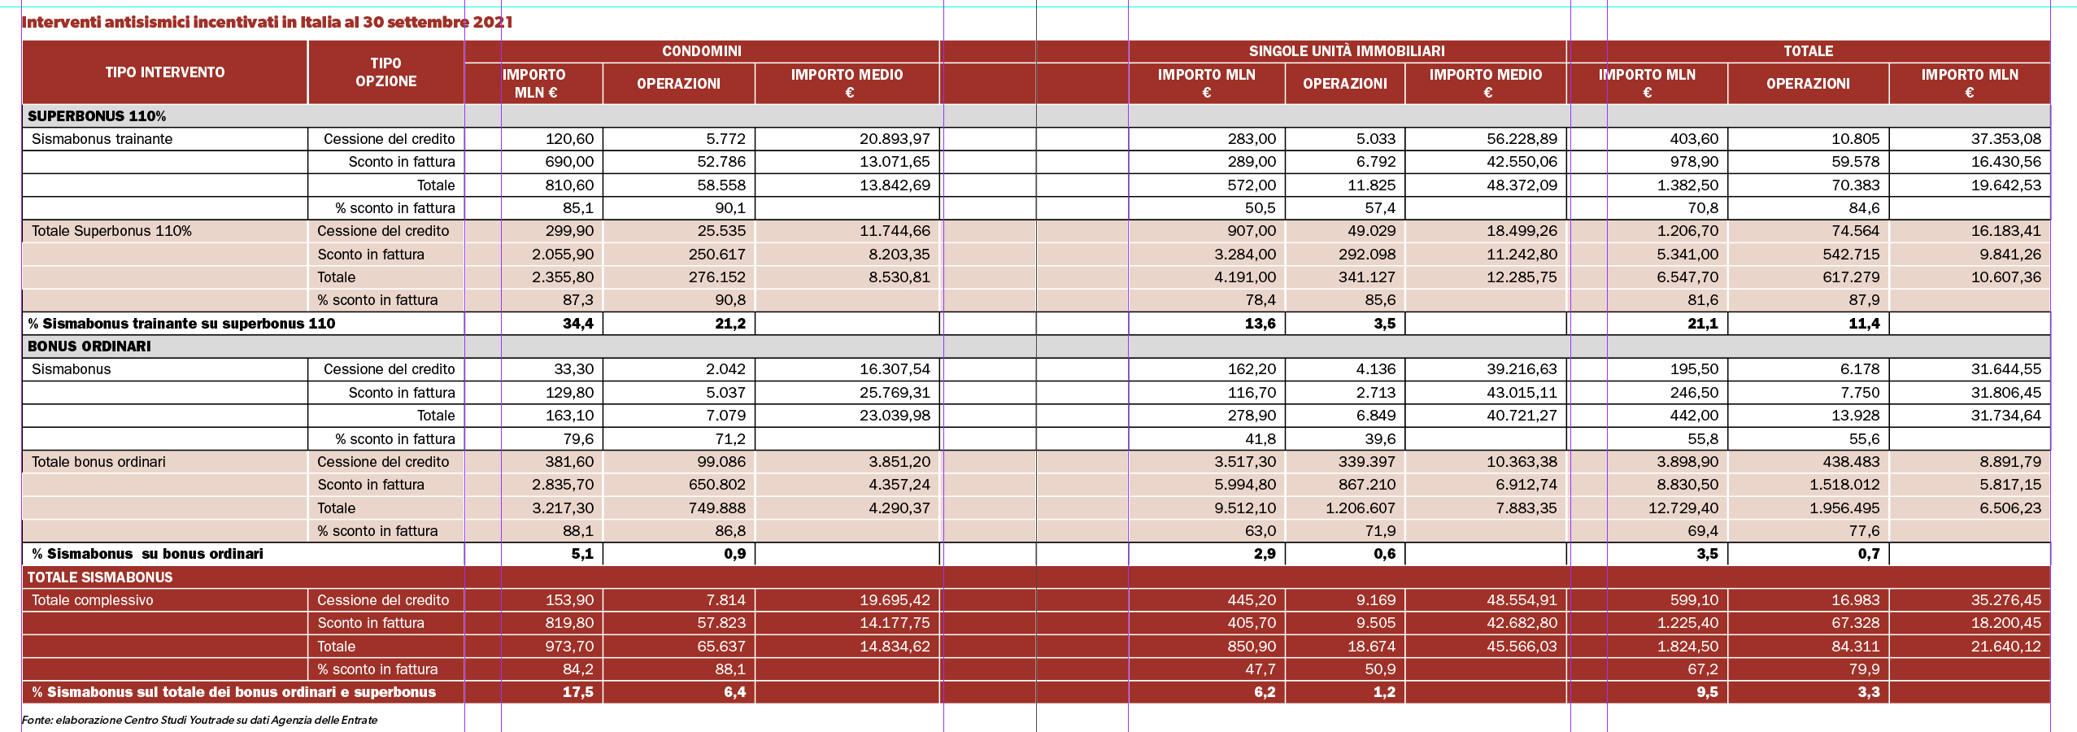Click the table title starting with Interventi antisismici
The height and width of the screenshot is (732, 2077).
pyautogui.click(x=267, y=22)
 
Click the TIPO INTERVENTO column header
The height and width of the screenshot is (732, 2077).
pyautogui.click(x=165, y=72)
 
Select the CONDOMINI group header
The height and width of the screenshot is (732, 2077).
pyautogui.click(x=702, y=51)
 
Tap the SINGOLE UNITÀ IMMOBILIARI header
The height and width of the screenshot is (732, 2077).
pyautogui.click(x=1347, y=51)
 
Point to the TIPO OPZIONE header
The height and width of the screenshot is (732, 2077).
pyautogui.click(x=386, y=72)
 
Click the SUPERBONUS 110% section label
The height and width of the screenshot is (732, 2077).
pyautogui.click(x=97, y=116)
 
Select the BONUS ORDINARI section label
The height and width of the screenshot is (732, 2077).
pyautogui.click(x=89, y=346)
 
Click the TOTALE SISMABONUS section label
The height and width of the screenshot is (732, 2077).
pyautogui.click(x=100, y=577)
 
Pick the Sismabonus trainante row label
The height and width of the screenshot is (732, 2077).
pyautogui.click(x=102, y=139)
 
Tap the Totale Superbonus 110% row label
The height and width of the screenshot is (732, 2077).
pyautogui.click(x=111, y=231)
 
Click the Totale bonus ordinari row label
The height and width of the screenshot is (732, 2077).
pyautogui.click(x=98, y=462)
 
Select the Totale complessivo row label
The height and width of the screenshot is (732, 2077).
pyautogui.click(x=92, y=600)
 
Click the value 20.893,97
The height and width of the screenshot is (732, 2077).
pyautogui.click(x=895, y=139)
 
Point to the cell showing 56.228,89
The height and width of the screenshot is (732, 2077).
pyautogui.click(x=1522, y=139)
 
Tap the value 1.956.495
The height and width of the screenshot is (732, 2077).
pyautogui.click(x=1844, y=508)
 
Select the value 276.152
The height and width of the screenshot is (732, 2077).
pyautogui.click(x=717, y=277)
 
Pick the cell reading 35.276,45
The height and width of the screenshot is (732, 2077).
pyautogui.click(x=2005, y=600)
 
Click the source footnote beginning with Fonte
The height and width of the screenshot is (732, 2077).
pyautogui.click(x=199, y=720)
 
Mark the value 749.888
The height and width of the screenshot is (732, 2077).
pyautogui.click(x=717, y=508)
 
